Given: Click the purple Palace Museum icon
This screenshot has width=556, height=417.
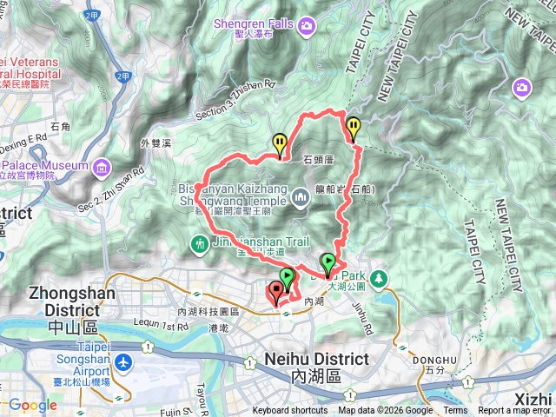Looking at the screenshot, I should click(x=102, y=165).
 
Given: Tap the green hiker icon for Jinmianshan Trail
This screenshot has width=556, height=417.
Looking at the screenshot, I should click(x=201, y=245).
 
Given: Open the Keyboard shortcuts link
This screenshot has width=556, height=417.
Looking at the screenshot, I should click(x=290, y=411).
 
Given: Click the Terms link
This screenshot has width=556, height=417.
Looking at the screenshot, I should click(x=455, y=411).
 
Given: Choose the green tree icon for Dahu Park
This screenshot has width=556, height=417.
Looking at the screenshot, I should click(x=379, y=278).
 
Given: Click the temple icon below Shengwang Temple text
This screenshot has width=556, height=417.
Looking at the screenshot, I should click(x=301, y=198).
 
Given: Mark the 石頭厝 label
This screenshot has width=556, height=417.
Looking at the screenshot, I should click(x=319, y=160).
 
